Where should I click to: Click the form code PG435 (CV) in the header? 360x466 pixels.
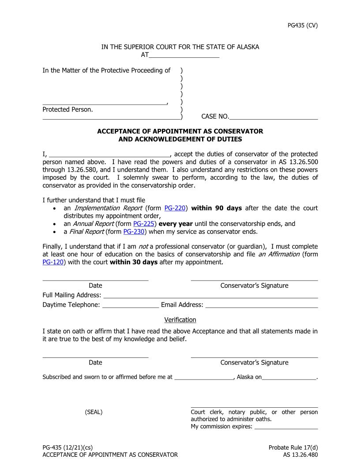coord(302,25)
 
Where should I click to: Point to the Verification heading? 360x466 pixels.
coord(180,319)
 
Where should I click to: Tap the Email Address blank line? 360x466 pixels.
coord(261,305)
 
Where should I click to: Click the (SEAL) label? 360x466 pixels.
coord(94,412)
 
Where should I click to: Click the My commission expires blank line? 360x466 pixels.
coord(286,427)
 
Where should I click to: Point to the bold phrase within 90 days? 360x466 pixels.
coord(216,208)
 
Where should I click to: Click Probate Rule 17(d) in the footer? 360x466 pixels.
coord(293,447)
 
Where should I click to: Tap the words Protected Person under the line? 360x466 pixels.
coord(67,109)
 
